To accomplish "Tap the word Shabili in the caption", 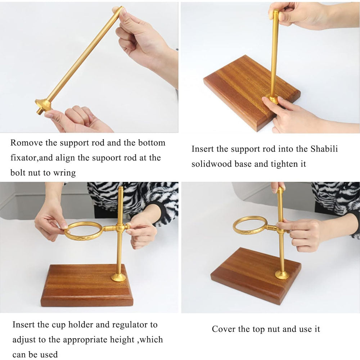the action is click(324, 149).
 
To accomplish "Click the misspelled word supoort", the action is click(106, 158).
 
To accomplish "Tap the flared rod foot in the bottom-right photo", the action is click(282, 274).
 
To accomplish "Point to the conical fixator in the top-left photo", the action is click(44, 105).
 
